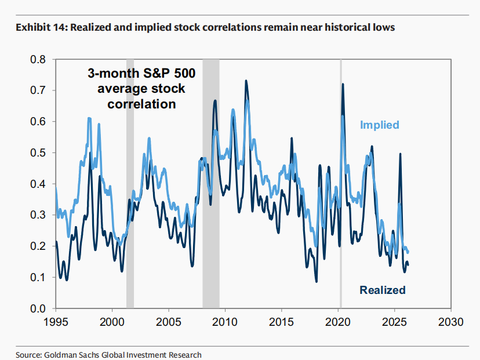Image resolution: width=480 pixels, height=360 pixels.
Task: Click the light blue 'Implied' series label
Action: click(x=380, y=125)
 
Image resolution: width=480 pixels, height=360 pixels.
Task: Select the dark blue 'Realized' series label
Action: click(x=383, y=290)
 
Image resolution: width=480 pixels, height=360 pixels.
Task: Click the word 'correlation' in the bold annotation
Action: click(x=141, y=104)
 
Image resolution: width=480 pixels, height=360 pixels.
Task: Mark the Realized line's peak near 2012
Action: click(x=246, y=81)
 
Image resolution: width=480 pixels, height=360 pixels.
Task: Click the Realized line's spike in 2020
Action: click(x=343, y=84)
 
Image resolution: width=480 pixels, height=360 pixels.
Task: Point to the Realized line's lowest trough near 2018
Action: click(x=317, y=282)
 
